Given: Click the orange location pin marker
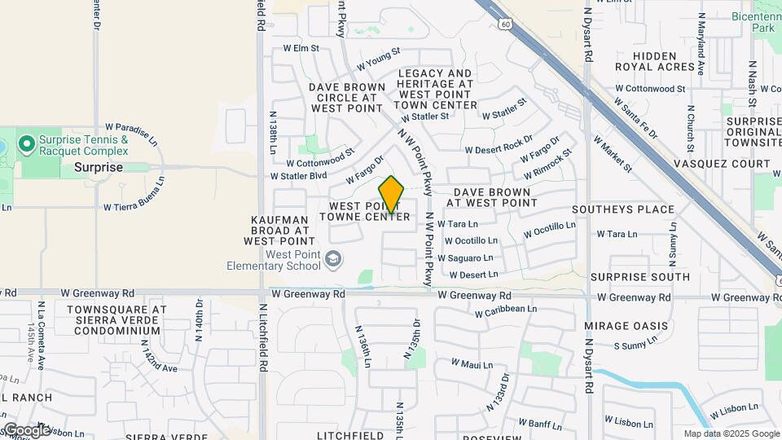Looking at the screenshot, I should (x=392, y=195).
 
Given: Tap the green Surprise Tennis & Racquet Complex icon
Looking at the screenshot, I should (x=28, y=145).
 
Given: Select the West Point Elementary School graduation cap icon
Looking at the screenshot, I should (x=332, y=260).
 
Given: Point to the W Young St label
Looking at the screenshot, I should (x=379, y=57).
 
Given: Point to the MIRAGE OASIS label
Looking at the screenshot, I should (x=626, y=326).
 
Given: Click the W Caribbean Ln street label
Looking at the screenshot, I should (x=505, y=310).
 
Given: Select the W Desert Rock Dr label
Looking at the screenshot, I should (x=499, y=147).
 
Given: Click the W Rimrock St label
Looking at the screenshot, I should (x=548, y=163).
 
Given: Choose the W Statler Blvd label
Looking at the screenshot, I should (x=298, y=175).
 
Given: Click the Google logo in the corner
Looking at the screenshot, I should (x=26, y=430).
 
